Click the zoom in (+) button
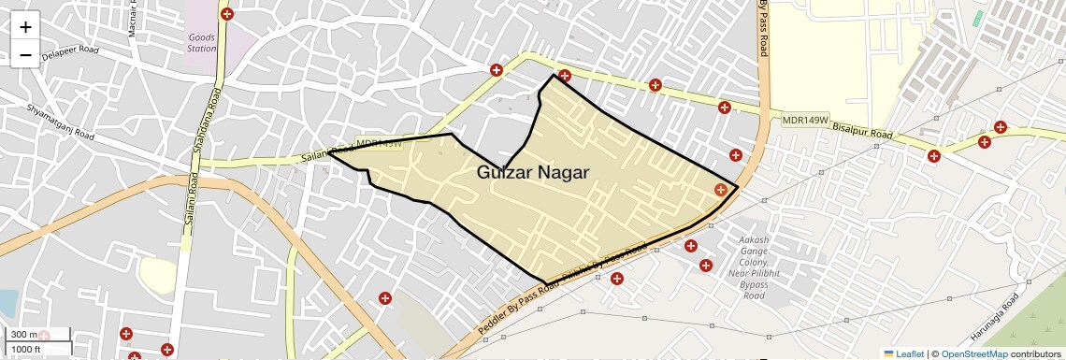(x=25, y=27)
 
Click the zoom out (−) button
(x=25, y=55)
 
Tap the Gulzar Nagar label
(x=533, y=172)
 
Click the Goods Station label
(x=201, y=43)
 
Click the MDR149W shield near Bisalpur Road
(x=806, y=121)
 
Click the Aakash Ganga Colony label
(x=754, y=267)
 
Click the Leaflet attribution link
(x=903, y=353)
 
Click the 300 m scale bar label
(x=24, y=335)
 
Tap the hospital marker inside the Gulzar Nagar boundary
(x=720, y=190)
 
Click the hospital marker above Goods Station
(x=227, y=14)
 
